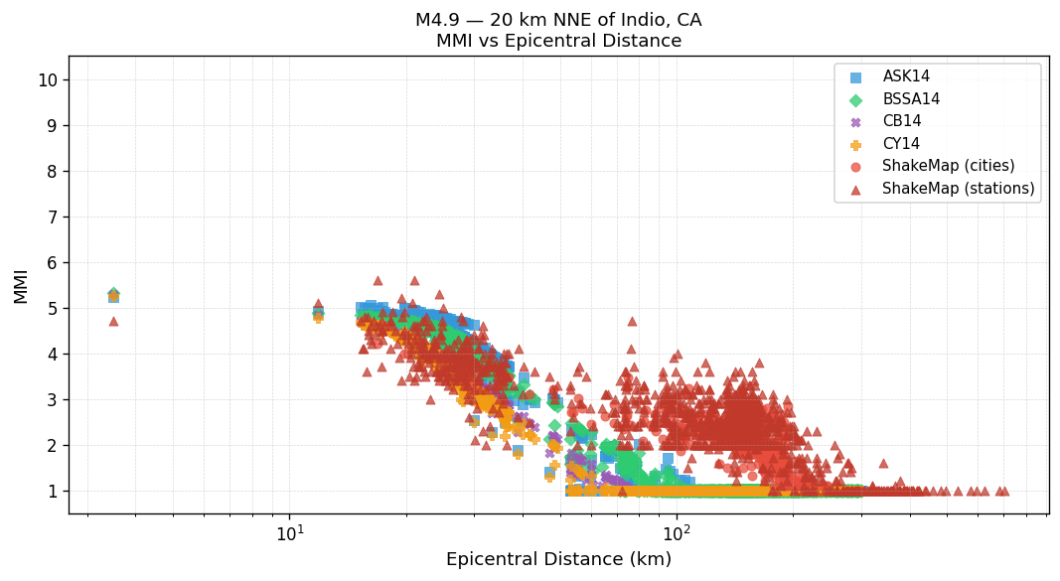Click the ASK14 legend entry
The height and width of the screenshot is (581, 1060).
[x=906, y=76]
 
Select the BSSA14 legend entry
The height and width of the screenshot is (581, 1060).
[x=911, y=99]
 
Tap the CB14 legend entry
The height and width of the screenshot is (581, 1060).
[x=902, y=121]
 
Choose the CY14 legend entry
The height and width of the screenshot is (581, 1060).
[x=901, y=144]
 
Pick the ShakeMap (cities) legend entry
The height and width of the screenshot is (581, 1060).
[x=948, y=166]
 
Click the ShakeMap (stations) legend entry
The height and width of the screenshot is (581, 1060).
[x=958, y=189]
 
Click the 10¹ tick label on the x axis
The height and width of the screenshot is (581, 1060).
[x=289, y=533]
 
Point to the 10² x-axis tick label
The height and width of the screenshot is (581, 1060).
[x=677, y=533]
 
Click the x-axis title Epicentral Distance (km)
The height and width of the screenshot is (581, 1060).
[x=558, y=559]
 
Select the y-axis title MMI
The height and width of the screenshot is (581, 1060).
[x=21, y=285]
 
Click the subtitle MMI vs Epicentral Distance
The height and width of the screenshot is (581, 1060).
[x=558, y=41]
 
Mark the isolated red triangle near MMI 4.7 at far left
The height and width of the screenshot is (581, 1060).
[x=113, y=321]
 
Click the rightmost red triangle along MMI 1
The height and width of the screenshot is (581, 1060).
[x=1004, y=491]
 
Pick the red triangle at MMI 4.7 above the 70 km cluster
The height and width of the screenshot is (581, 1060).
[x=632, y=321]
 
